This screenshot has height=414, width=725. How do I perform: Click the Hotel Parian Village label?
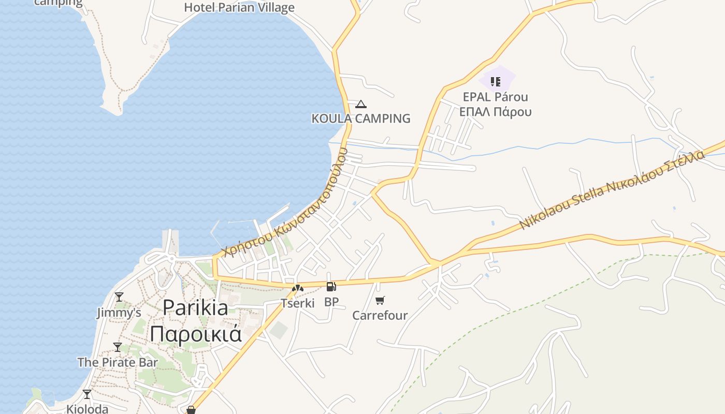click(x=239, y=8)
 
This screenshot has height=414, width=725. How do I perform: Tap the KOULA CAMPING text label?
click(x=360, y=119)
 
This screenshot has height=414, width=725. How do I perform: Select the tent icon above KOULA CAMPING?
click(x=361, y=105)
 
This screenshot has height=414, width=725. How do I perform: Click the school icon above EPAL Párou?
click(x=496, y=81)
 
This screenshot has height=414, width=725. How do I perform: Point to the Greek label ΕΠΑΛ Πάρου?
click(x=496, y=112)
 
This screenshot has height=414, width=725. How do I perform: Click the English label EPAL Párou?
click(x=496, y=97)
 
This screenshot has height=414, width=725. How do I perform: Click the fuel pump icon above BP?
click(x=331, y=287)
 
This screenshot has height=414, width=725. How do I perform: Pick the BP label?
click(x=331, y=302)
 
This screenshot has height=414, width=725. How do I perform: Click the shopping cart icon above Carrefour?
click(x=380, y=301)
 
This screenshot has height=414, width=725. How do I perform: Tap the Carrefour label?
click(x=380, y=315)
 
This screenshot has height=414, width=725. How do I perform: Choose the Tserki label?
click(x=298, y=303)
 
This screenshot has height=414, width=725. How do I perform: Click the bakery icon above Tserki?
click(x=298, y=288)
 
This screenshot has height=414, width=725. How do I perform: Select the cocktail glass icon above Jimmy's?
click(x=119, y=297)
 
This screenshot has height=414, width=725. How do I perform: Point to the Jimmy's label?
click(x=119, y=313)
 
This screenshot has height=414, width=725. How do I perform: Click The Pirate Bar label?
click(x=118, y=362)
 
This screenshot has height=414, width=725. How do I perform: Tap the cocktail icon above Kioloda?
click(x=87, y=394)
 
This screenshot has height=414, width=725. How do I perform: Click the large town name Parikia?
click(x=195, y=308)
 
